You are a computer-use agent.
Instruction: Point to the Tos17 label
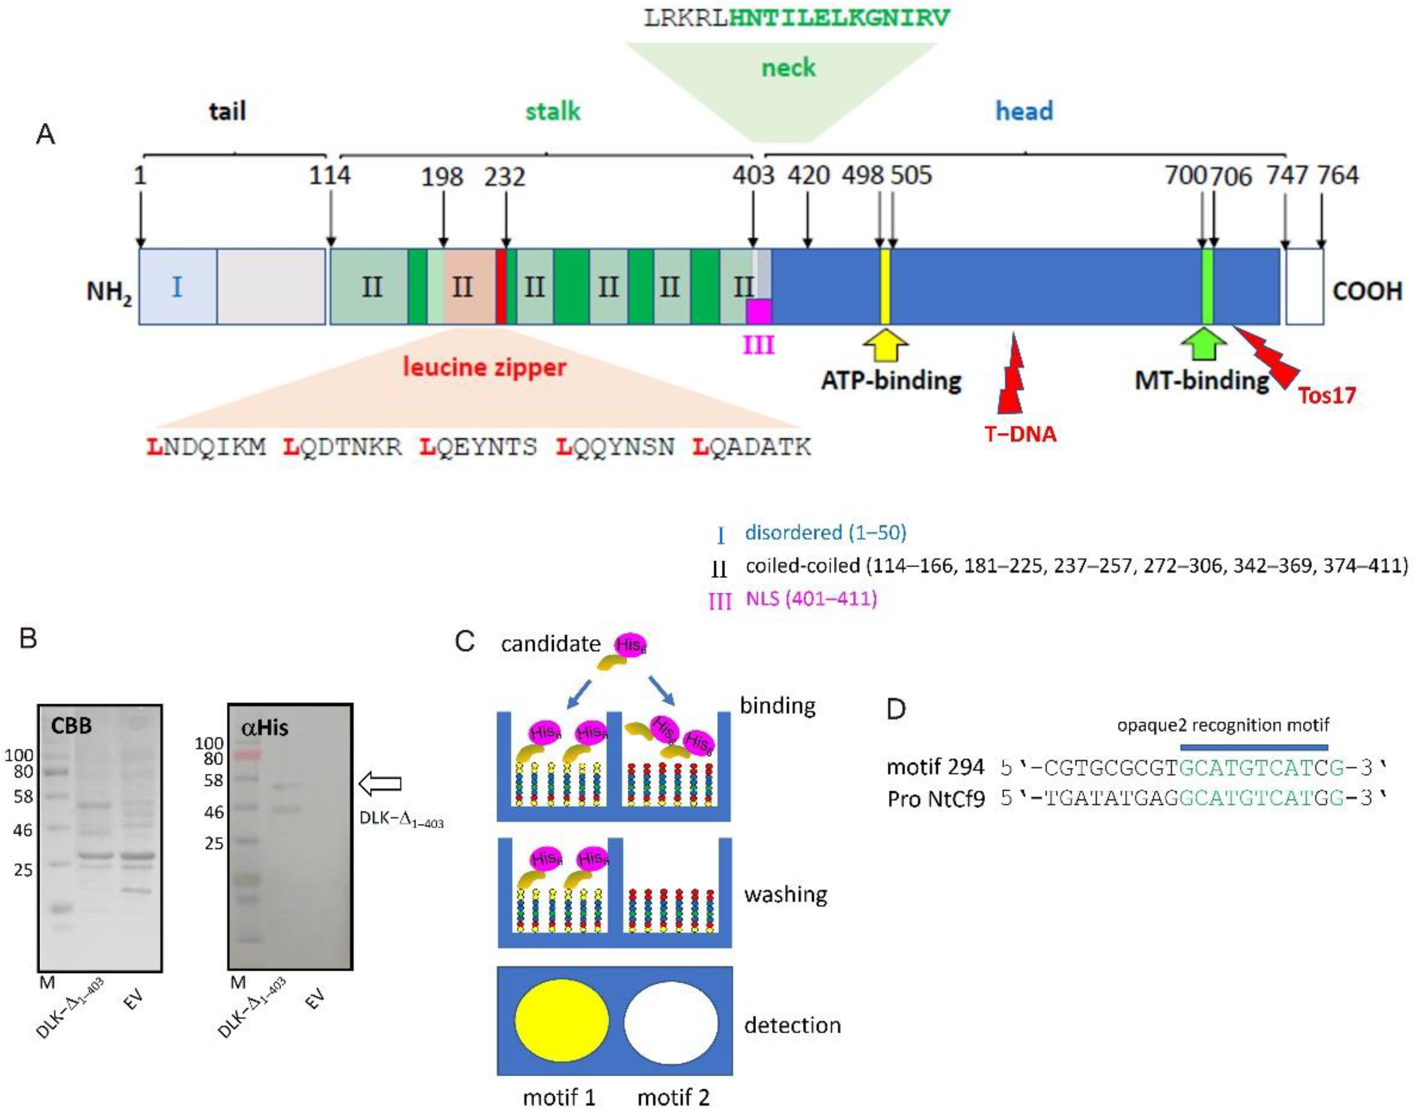pos(1327,396)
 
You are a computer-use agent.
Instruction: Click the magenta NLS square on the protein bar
pos(759,311)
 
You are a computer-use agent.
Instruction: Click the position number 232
pos(505,177)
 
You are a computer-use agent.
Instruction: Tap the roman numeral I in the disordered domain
pos(177,287)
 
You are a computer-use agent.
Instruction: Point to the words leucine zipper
pos(484,367)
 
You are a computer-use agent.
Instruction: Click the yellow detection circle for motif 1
pos(561,1022)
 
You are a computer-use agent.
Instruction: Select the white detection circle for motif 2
pos(671,1022)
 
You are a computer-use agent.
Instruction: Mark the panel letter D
pos(896,708)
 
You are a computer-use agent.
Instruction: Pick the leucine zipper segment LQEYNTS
pos(478,447)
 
